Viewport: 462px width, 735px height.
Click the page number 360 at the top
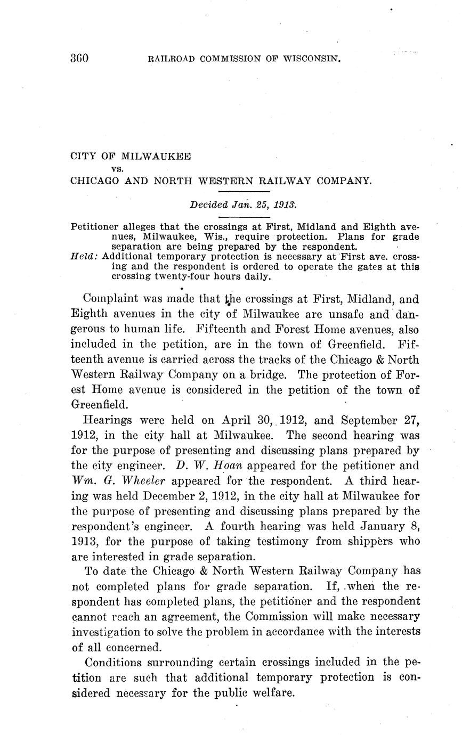click(79, 58)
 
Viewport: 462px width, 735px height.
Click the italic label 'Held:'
click(84, 256)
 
